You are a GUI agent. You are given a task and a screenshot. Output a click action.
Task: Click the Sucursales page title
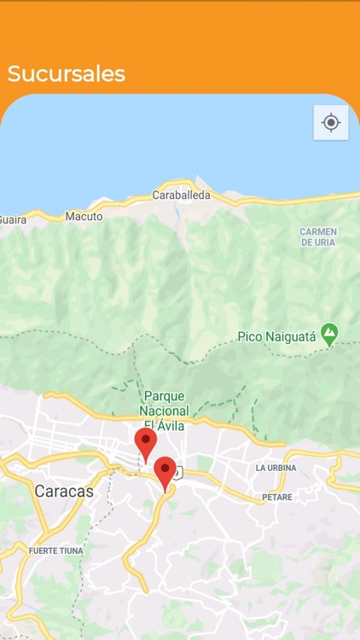[x=67, y=74]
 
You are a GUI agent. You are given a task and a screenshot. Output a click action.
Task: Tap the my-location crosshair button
[x=331, y=123]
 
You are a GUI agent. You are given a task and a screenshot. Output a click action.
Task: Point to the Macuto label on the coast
[x=84, y=217]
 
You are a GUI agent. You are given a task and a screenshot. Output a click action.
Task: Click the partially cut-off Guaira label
[x=13, y=220]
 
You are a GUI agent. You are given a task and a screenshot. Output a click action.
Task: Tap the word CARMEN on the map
[x=318, y=232]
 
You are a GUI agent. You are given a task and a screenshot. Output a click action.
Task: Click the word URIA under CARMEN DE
[x=325, y=243]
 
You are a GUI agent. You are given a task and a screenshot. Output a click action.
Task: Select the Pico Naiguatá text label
[x=276, y=338]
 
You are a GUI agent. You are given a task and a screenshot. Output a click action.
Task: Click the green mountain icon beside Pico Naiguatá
[x=329, y=335]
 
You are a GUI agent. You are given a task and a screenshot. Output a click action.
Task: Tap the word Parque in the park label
[x=164, y=396]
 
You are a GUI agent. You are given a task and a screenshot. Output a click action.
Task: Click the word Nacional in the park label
[x=164, y=410]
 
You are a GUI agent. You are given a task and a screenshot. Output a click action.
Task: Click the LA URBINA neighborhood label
[x=276, y=468]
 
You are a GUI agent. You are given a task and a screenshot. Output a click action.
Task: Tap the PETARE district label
[x=277, y=497]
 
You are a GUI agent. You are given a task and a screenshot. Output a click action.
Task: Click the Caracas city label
[x=64, y=492]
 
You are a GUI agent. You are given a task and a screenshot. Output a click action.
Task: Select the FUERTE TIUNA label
[x=55, y=551]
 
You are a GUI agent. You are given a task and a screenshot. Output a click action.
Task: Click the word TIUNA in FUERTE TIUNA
[x=71, y=551]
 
